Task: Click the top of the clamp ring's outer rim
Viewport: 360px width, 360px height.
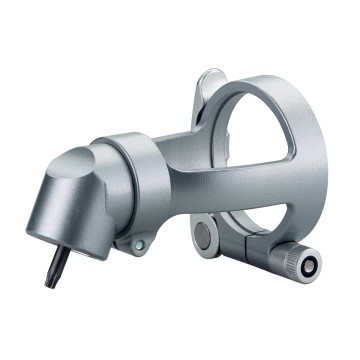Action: pos(260,82)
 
